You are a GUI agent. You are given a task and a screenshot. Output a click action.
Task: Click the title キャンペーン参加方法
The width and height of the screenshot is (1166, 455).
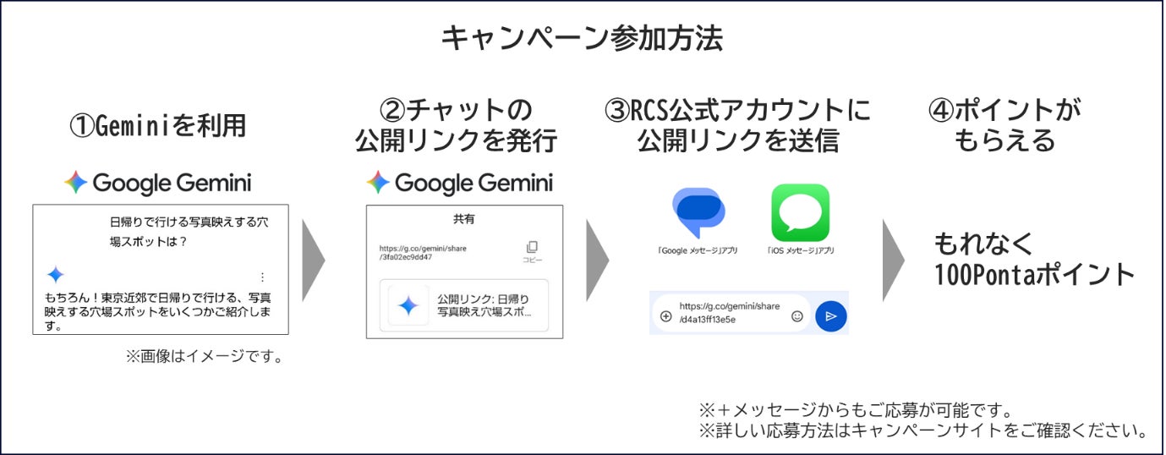[582, 38]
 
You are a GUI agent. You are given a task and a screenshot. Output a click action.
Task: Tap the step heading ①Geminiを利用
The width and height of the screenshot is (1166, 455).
[158, 125]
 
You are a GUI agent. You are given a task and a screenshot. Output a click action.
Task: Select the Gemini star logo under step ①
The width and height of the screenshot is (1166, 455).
[75, 182]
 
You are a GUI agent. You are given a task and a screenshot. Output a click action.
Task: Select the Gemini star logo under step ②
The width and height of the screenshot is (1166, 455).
[378, 182]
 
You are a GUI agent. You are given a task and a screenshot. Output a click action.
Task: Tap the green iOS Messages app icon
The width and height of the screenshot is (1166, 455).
[800, 212]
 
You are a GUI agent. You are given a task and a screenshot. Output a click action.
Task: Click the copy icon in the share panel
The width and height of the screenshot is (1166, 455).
[532, 247]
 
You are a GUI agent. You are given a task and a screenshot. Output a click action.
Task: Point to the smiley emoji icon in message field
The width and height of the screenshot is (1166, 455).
[797, 316]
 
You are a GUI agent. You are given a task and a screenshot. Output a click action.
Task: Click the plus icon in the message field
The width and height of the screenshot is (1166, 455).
[665, 316]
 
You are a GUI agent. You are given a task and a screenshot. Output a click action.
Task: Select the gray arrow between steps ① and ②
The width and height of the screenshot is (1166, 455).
[312, 260]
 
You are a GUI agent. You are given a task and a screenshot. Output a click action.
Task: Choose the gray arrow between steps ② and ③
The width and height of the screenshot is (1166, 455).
[597, 260]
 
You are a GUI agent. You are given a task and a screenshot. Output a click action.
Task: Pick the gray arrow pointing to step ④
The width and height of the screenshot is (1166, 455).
[893, 260]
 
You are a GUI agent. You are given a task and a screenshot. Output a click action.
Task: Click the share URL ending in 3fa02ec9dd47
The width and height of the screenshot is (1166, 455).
[423, 253]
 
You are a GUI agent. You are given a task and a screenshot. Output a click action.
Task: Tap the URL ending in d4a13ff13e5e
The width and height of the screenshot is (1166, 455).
[729, 313]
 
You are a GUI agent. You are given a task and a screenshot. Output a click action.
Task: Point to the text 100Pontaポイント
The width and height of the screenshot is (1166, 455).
[1034, 274]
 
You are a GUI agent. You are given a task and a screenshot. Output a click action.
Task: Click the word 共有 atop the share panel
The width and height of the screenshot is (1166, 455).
[464, 219]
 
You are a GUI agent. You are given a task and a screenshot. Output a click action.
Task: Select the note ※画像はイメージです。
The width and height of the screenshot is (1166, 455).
[205, 356]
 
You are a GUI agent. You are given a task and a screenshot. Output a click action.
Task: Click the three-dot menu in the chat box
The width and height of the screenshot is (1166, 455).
[262, 277]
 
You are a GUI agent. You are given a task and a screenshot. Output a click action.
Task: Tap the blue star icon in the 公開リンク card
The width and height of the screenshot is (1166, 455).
[408, 305]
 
